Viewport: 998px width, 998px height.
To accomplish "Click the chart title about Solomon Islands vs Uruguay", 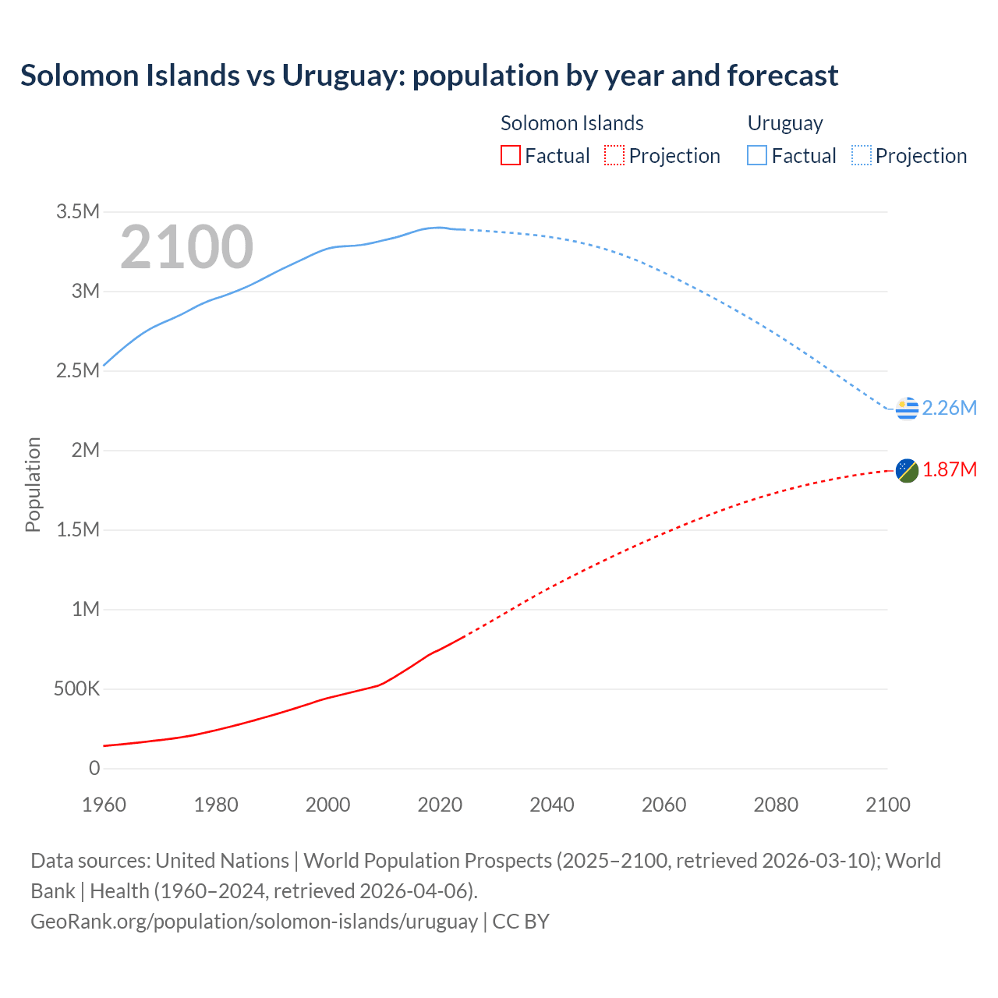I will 429,76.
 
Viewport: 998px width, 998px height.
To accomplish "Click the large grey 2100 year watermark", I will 186,247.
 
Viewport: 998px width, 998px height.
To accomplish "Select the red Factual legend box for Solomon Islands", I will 510,156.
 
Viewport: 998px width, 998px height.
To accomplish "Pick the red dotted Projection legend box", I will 614,156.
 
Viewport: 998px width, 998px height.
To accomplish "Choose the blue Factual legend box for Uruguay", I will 756,156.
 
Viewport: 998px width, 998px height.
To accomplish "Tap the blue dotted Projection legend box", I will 862,156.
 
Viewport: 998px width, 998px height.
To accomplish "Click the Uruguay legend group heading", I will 785,123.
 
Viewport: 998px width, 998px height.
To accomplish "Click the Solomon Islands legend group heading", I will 572,123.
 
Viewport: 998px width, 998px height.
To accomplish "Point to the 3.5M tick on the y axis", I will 78,212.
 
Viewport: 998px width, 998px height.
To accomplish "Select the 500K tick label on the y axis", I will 77,689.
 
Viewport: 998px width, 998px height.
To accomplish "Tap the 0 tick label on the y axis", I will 94,769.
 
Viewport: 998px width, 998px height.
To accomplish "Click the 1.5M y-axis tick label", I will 78,530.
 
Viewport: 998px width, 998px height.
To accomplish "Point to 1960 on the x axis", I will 104,805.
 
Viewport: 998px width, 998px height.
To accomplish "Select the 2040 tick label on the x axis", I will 552,805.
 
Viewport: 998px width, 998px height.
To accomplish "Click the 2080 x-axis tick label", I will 776,805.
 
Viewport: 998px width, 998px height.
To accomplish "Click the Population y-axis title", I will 33,485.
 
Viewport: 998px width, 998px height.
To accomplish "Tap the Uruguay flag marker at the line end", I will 907,408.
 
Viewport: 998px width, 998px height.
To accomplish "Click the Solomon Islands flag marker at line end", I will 907,470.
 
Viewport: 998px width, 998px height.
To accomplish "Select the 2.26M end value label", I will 949,408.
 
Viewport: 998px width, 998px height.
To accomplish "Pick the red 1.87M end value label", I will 949,469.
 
